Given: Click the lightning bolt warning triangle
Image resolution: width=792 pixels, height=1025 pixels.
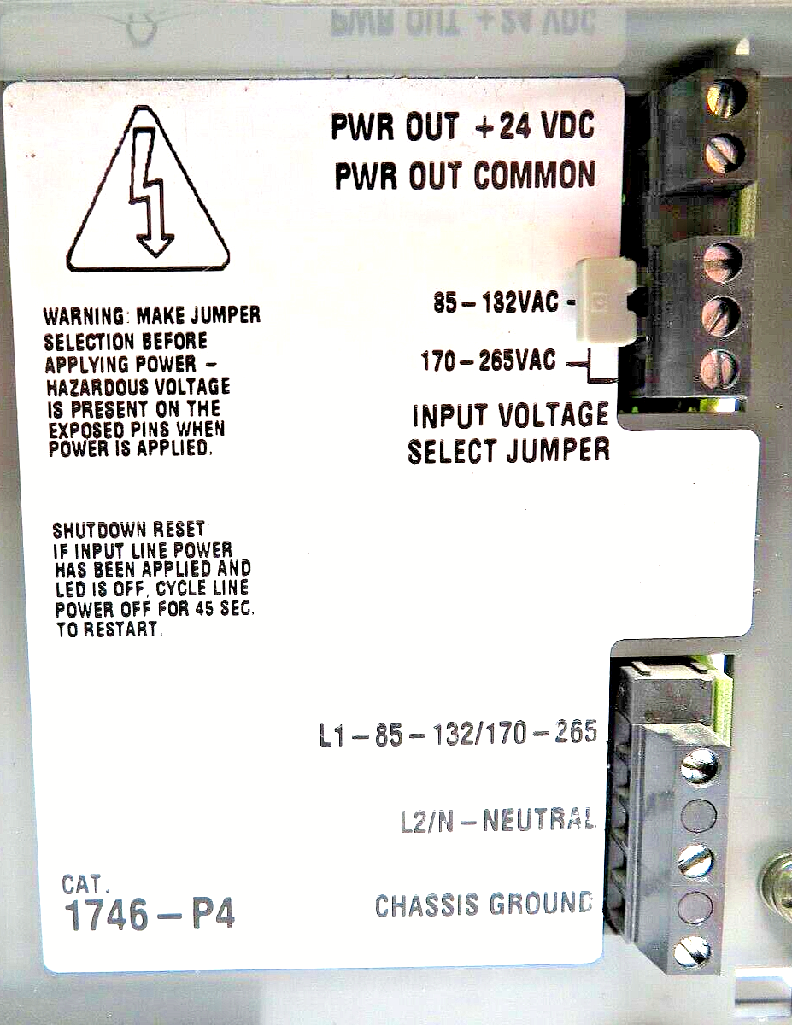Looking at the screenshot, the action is click(x=148, y=189).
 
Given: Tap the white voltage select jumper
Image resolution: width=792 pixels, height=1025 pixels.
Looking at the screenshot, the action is click(x=604, y=301).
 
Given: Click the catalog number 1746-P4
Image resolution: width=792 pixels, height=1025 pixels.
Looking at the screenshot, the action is click(x=149, y=916).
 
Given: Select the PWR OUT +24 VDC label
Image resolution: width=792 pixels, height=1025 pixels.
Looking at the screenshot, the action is click(x=463, y=126).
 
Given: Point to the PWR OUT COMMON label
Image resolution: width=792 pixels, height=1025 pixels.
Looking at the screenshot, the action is click(x=465, y=175).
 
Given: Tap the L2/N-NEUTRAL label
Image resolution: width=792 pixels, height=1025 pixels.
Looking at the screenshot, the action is click(x=496, y=820).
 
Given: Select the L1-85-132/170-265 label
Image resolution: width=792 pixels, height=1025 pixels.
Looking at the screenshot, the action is click(x=458, y=734).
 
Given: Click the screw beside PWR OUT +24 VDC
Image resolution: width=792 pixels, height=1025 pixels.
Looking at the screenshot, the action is click(x=725, y=98).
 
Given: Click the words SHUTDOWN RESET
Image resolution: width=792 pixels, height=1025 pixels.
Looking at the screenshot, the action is click(x=129, y=530).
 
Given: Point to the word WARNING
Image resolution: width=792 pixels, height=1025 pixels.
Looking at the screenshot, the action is click(x=84, y=315).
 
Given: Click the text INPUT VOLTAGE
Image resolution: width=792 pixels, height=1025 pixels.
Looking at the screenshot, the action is click(x=511, y=415).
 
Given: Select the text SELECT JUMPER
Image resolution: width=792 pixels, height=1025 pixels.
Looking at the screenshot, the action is click(x=508, y=451).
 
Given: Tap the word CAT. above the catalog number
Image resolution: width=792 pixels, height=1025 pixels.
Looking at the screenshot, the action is click(x=85, y=884).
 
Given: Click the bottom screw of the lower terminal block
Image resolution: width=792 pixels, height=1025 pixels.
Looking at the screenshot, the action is click(x=691, y=952).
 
